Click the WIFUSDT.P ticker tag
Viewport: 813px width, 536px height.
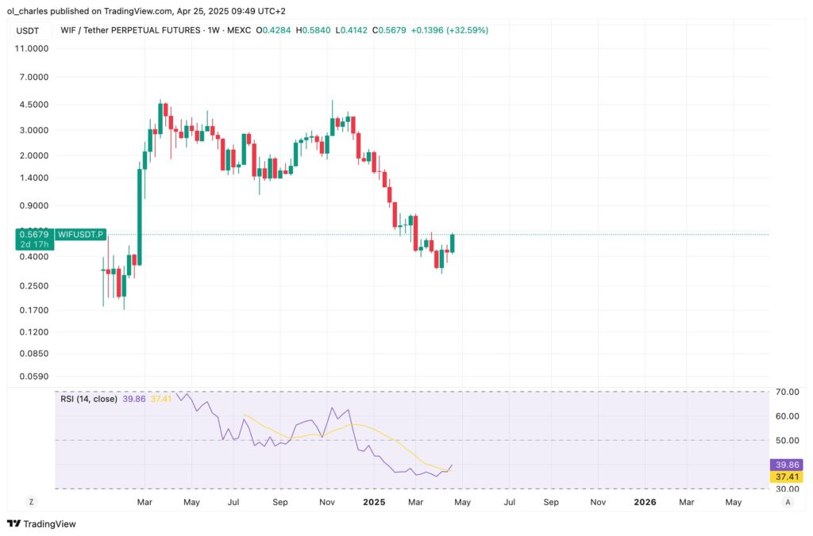[x=83, y=235]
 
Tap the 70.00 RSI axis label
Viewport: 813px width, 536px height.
[x=787, y=392]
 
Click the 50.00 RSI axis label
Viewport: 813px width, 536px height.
[x=787, y=440]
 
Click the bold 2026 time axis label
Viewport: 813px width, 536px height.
[x=645, y=502]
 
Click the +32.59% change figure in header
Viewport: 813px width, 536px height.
[x=468, y=30]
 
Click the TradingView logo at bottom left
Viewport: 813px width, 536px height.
[x=40, y=523]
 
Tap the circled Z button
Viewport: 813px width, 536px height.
[x=30, y=502]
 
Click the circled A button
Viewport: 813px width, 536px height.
[x=788, y=502]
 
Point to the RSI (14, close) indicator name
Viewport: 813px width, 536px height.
[x=88, y=398]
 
